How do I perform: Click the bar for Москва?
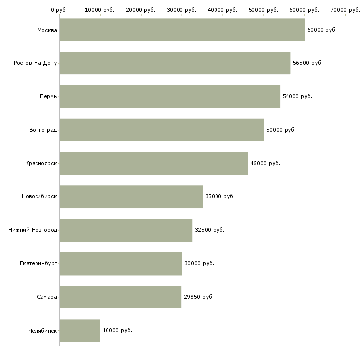point(182,30)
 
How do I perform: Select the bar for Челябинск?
point(79,330)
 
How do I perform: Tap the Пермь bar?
point(170,97)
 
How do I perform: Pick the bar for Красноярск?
point(153,163)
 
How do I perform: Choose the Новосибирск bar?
point(131,197)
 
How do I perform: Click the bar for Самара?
point(120,297)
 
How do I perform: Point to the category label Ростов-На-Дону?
point(36,63)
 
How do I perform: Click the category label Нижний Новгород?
point(33,230)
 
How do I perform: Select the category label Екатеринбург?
point(38,264)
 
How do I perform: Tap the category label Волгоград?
point(43,130)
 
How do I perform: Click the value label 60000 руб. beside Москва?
point(322,30)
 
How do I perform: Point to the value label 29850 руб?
point(199,297)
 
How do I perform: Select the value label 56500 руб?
point(307,63)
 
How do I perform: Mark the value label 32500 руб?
point(209,230)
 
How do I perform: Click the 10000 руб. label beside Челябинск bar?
point(117,331)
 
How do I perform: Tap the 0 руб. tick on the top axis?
point(59,10)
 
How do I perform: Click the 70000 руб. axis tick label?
point(345,10)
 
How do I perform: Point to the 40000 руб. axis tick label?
point(222,10)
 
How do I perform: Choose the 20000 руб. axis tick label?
point(141,10)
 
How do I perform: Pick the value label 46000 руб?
point(265,164)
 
